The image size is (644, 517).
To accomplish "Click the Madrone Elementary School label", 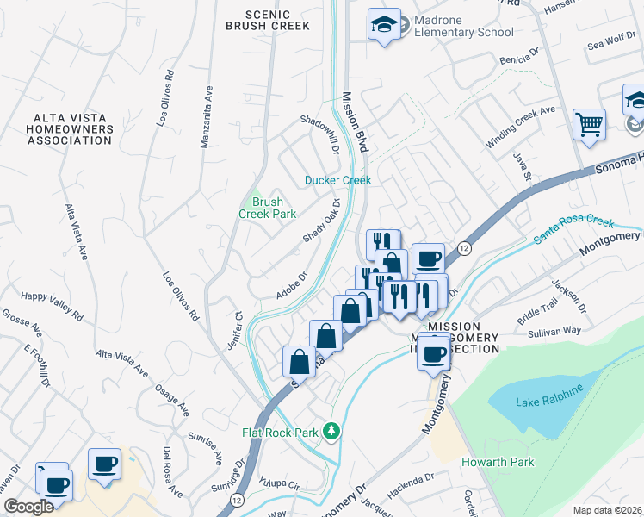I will pyautogui.click(x=458, y=25).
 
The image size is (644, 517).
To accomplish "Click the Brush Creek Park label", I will pyautogui.click(x=267, y=208).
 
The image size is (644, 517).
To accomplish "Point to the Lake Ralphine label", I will pyautogui.click(x=549, y=402).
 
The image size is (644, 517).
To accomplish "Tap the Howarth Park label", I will pyautogui.click(x=498, y=463).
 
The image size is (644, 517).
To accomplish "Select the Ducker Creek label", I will pyautogui.click(x=337, y=180).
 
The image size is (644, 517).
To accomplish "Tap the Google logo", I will pyautogui.click(x=28, y=507).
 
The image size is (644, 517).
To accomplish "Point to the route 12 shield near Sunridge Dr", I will pyautogui.click(x=236, y=500).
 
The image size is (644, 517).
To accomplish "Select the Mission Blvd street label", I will pyautogui.click(x=355, y=123).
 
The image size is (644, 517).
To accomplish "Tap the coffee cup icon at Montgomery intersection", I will pyautogui.click(x=434, y=352).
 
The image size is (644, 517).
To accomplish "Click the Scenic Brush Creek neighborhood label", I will pyautogui.click(x=267, y=20).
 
